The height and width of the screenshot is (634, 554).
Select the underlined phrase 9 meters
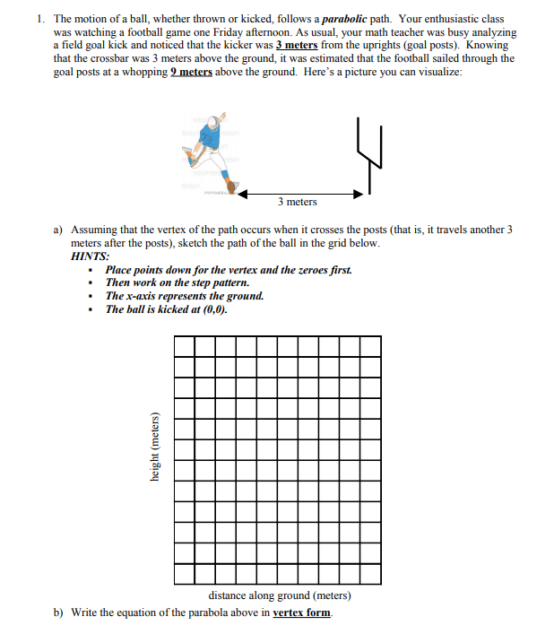coord(190,72)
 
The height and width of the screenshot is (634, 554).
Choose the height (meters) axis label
coord(154,447)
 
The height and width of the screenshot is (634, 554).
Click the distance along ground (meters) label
coord(279,595)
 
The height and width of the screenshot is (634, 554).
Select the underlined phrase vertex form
coord(301,613)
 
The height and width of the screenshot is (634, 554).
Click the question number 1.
coord(41,19)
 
